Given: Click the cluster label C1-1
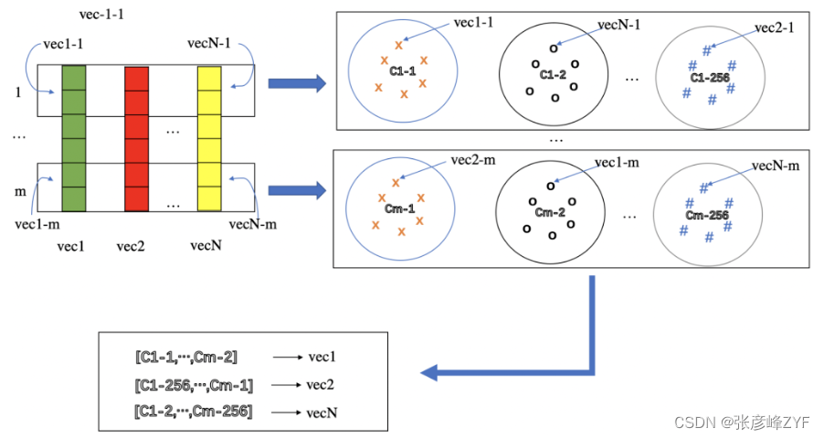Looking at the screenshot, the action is tap(403, 71).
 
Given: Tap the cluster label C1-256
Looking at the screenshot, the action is tap(710, 78).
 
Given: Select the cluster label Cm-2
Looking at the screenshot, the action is tap(550, 212).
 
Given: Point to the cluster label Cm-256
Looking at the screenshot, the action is tap(707, 215).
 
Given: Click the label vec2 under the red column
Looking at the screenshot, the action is tap(131, 246).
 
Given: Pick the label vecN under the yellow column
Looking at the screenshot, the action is tap(206, 245).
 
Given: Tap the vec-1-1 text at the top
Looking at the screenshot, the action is tap(101, 15).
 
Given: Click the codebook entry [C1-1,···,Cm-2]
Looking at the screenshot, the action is tap(186, 358).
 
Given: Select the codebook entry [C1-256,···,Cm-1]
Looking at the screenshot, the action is tap(194, 386).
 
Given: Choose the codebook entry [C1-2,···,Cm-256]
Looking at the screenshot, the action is tap(194, 411).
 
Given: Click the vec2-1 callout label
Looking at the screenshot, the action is tap(774, 27).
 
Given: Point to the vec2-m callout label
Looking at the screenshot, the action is tap(473, 160).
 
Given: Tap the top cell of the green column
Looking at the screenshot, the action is tap(74, 78).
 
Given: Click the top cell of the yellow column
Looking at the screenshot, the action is tap(209, 79).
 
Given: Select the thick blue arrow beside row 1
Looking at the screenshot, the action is tap(297, 83).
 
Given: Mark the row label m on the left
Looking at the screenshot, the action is tap(20, 191).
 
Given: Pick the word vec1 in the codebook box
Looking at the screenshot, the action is tap(322, 357).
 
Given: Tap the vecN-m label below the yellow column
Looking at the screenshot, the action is tap(253, 224).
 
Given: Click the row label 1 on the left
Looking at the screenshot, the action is tap(18, 92).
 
